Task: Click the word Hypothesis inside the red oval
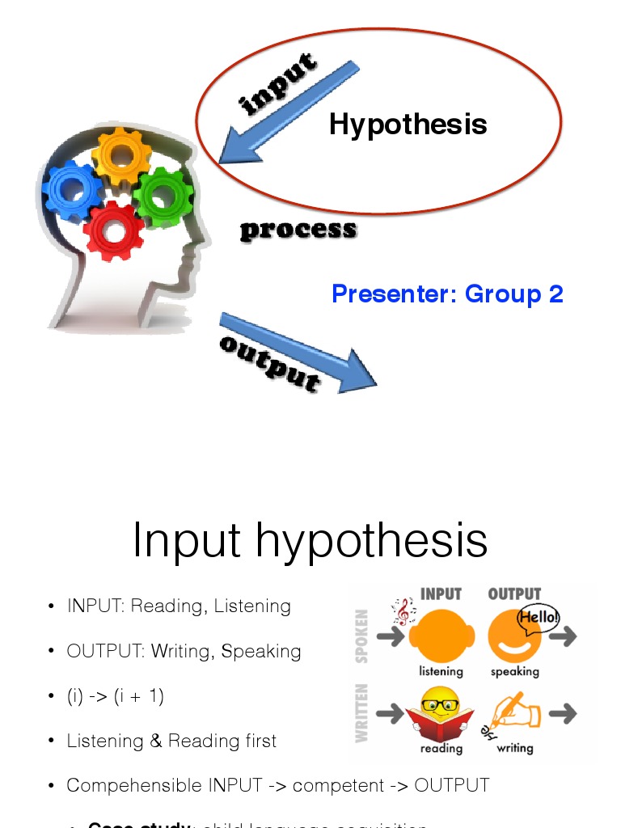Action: [x=408, y=125]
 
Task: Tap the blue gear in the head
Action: [x=72, y=189]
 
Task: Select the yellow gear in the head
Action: [x=120, y=156]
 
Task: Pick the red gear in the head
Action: [x=114, y=230]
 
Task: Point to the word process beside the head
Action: [x=298, y=230]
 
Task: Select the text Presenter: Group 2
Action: [x=447, y=294]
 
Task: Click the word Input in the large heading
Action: [x=186, y=540]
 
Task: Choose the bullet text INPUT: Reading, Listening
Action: [x=179, y=606]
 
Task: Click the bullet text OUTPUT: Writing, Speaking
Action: [x=184, y=651]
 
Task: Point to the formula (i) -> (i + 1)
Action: [x=116, y=696]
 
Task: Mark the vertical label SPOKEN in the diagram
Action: [x=361, y=636]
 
